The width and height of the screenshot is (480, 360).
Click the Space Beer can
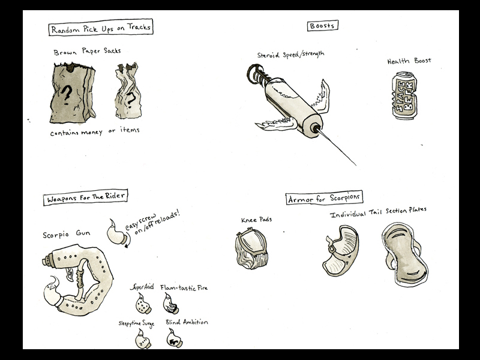pos(404,95)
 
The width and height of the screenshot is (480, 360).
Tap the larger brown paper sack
pos(73,93)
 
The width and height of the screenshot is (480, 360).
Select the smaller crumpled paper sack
pos(128,91)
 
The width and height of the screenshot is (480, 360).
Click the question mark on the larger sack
pos(67,94)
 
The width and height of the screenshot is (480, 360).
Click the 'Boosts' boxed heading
pos(323,26)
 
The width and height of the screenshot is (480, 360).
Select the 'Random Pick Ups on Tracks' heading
pos(101,28)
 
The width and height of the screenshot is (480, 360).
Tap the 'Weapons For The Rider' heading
pos(85,197)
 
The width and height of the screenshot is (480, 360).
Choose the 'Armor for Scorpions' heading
pos(324,198)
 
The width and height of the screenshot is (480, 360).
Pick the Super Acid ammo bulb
pos(143,304)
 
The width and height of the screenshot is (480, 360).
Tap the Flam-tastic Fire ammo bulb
pos(170,304)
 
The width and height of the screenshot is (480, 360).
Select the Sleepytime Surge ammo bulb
pos(143,339)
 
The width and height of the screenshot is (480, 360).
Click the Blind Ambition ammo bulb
pos(175,338)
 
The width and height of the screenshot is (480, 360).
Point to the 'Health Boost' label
pos(409,61)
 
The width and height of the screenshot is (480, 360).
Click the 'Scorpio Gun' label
pos(67,234)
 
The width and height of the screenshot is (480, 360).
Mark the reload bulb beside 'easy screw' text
pos(116,232)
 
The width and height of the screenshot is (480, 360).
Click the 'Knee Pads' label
pos(257,220)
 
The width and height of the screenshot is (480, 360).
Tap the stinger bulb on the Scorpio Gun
pos(53,292)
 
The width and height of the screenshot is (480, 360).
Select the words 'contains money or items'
pos(95,131)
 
